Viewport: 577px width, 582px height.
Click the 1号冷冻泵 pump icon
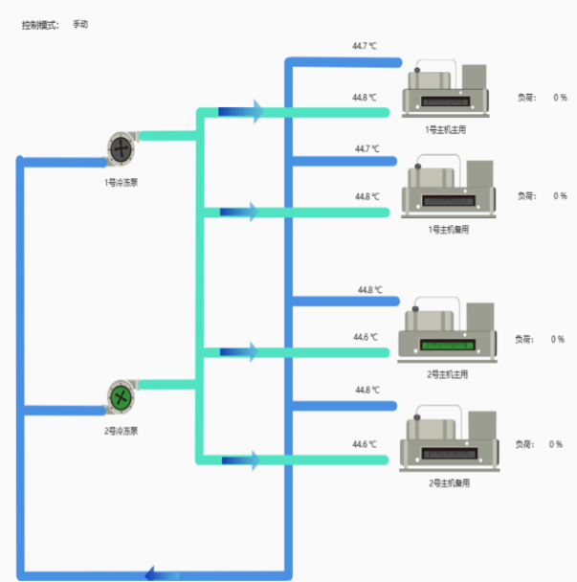122,148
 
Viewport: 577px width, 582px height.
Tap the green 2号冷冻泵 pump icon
121,396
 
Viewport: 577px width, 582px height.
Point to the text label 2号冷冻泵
122,431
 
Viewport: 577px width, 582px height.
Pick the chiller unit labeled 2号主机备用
448,441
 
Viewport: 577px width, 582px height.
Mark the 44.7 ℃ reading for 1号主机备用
367,149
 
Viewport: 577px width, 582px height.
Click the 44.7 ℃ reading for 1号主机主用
366,45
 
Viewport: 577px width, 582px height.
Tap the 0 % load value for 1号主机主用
560,98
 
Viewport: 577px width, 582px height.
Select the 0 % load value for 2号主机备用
556,444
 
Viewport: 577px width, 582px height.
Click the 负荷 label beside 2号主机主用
525,339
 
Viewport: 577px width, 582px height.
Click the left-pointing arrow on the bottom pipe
153,573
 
